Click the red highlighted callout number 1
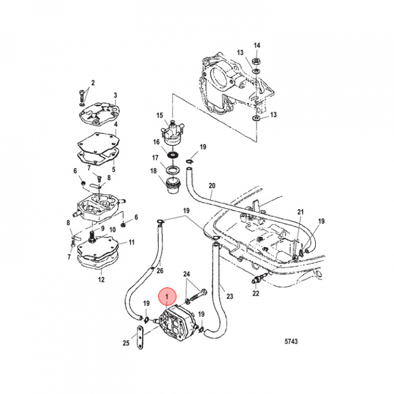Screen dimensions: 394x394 tap(167, 297)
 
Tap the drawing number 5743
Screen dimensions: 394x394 tap(291, 341)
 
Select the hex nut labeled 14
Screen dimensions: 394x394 tap(257, 61)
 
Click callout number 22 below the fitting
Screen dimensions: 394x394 tap(256, 293)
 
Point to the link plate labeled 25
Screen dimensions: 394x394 tap(140, 338)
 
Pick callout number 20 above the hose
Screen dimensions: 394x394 tap(212, 186)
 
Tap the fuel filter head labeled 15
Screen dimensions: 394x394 tap(172, 132)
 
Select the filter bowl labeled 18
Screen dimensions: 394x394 tap(173, 186)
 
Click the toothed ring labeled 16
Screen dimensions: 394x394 tap(172, 155)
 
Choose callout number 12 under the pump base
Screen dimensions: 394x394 tap(101, 279)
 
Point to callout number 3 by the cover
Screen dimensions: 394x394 tap(115, 95)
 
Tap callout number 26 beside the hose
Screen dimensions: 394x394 tap(160, 270)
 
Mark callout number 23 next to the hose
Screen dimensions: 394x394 tap(230, 296)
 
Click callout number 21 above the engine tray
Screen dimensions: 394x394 tap(300, 212)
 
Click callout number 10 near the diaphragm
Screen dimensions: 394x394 tap(112, 229)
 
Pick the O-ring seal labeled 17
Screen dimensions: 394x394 tap(172, 170)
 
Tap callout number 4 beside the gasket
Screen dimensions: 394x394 tap(115, 124)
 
